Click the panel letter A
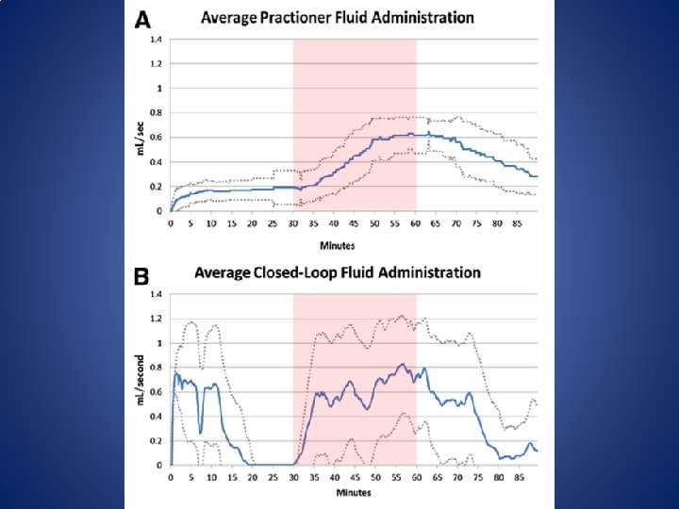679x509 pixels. point(143,19)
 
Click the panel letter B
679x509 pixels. point(141,277)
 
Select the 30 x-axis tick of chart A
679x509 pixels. point(293,224)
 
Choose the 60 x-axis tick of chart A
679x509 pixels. point(415,224)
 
